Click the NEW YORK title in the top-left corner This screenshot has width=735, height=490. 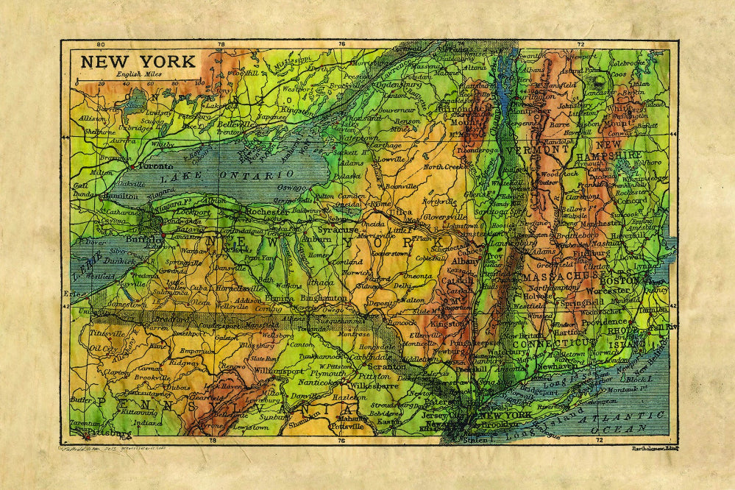(x=138, y=61)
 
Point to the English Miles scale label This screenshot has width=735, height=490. (x=137, y=74)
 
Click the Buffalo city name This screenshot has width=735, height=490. (x=143, y=240)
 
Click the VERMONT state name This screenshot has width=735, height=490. (x=539, y=149)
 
